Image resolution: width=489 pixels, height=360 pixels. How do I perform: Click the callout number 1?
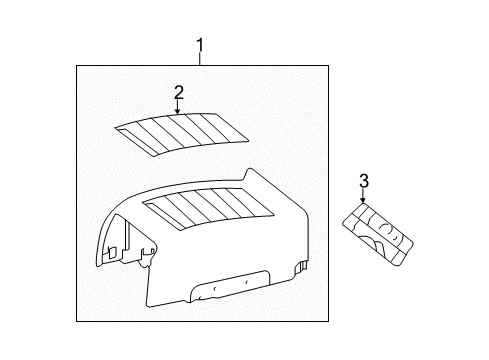click(200, 45)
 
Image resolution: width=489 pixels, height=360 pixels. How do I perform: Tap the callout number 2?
click(179, 93)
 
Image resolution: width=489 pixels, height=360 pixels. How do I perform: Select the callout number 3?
click(364, 181)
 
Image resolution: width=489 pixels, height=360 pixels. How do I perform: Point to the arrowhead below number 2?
click(178, 112)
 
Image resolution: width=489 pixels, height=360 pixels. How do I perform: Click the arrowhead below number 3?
click(363, 200)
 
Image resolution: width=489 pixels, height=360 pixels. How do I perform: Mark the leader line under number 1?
click(200, 59)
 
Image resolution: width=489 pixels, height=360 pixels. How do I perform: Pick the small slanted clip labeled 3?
click(378, 234)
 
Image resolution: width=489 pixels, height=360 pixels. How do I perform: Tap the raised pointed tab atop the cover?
click(250, 176)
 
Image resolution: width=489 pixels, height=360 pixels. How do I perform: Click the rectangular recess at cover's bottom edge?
click(229, 286)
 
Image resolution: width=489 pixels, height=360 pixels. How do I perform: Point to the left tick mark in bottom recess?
click(215, 288)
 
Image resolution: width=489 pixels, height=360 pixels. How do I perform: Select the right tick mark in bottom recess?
click(247, 282)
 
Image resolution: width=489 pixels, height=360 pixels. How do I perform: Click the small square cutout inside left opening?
click(112, 252)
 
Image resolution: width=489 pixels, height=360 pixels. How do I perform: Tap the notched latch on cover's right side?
click(301, 266)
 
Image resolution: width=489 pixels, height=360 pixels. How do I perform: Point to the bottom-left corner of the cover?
click(147, 305)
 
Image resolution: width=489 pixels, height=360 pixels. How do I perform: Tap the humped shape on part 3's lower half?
click(370, 243)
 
